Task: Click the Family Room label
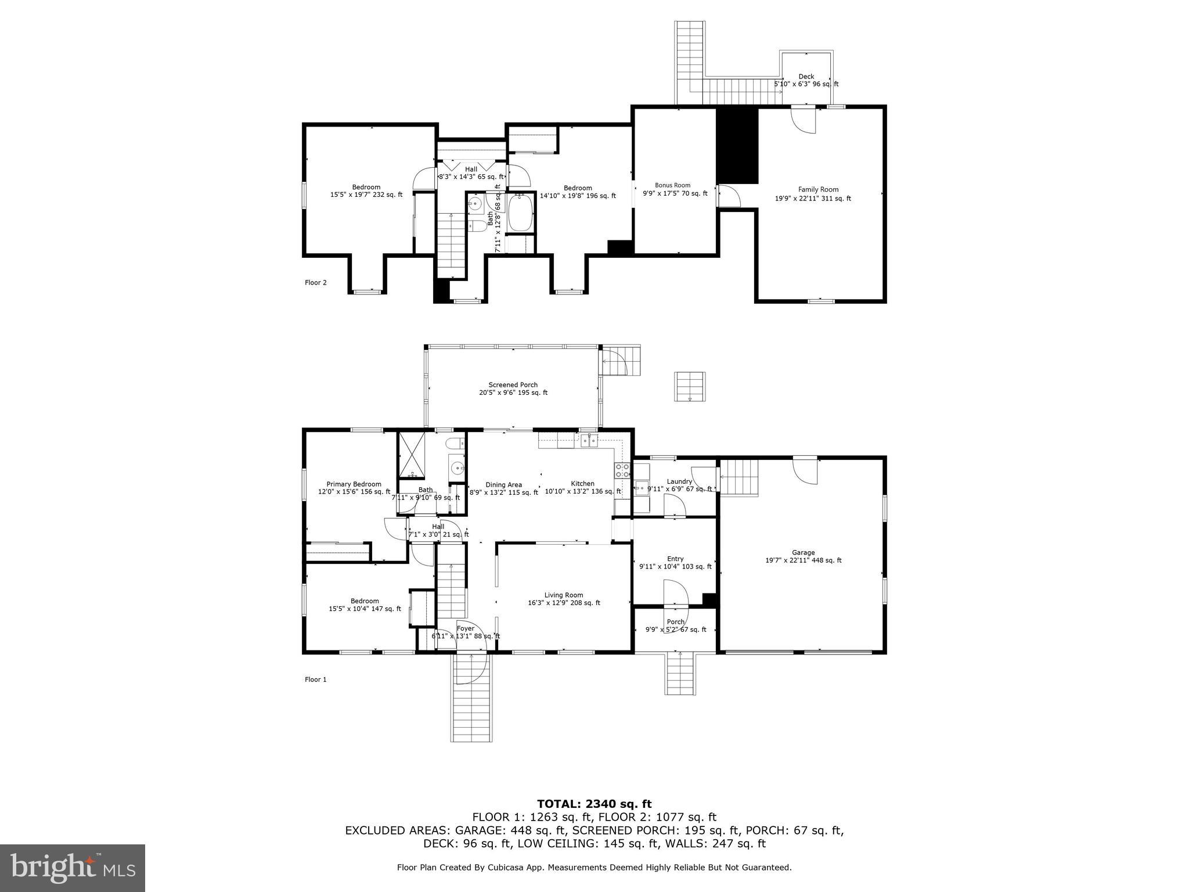(818, 189)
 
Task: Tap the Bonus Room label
(673, 185)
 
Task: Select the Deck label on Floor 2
(806, 77)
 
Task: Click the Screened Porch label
(513, 385)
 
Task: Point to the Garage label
(803, 553)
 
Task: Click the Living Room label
(563, 595)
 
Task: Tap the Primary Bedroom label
(354, 484)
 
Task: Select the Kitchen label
(582, 484)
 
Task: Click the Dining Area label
(503, 485)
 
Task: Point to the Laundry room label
(679, 481)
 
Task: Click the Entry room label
(675, 559)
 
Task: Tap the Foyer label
(466, 628)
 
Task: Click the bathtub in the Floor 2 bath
(521, 213)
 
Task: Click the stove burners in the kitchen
(622, 470)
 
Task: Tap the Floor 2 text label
(316, 283)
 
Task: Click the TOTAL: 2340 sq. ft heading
(594, 804)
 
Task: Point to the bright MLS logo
(73, 868)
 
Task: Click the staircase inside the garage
(740, 477)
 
